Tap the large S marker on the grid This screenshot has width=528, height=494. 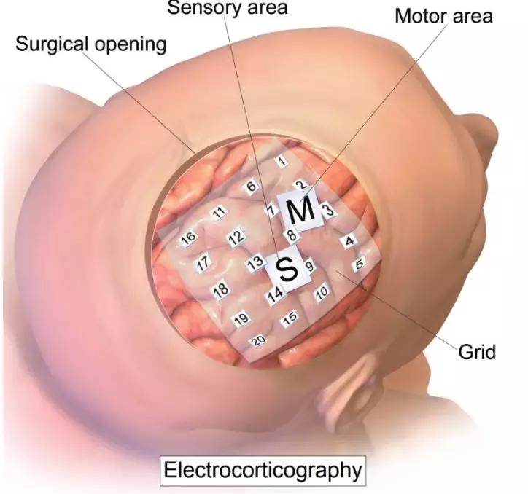tap(289, 270)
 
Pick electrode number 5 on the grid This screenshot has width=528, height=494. tap(359, 265)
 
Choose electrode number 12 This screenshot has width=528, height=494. tap(236, 238)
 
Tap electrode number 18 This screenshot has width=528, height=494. tap(220, 290)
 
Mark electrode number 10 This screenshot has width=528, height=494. tap(322, 293)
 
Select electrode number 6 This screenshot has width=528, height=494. tap(252, 187)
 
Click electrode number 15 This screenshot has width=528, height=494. tap(290, 318)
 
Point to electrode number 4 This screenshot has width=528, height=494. tap(350, 240)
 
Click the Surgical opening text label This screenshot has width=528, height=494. tap(90, 44)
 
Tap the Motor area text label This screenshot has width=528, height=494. tap(443, 15)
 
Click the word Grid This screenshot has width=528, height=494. tap(476, 352)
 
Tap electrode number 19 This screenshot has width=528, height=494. tap(241, 318)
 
